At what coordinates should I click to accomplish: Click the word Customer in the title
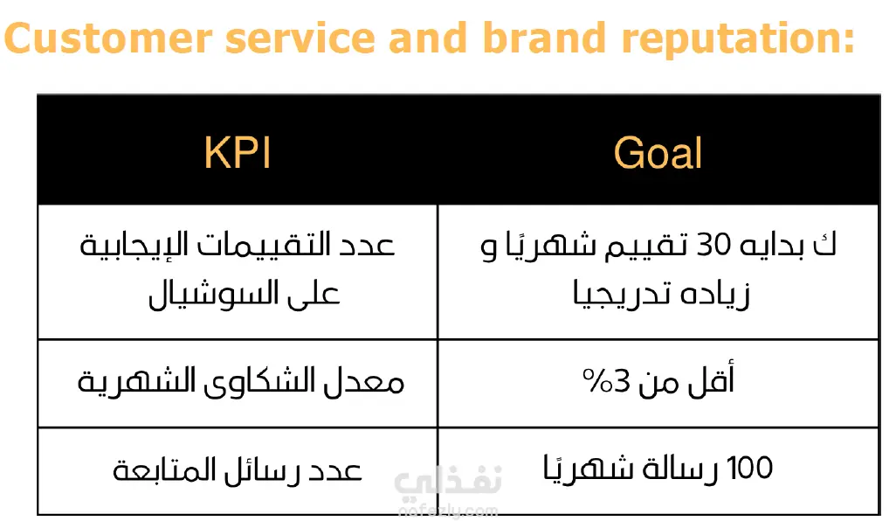click(108, 38)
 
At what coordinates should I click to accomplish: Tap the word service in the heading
click(300, 38)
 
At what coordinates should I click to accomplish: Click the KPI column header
click(238, 153)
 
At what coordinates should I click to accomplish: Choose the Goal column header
click(658, 153)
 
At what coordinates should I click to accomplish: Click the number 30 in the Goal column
click(713, 246)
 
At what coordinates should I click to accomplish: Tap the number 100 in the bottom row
click(749, 468)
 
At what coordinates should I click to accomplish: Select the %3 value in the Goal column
click(606, 381)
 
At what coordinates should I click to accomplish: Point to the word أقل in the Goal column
click(712, 379)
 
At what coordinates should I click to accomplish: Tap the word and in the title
click(429, 38)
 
